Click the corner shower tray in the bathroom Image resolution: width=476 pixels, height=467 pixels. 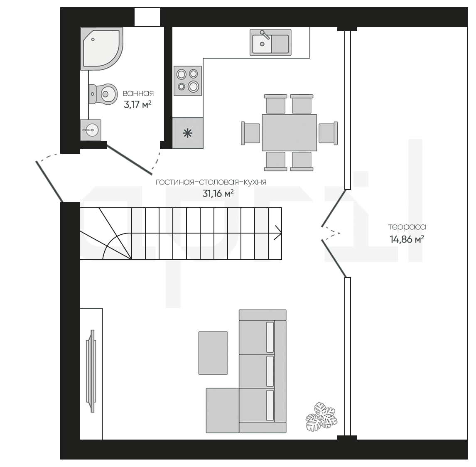point(101,49)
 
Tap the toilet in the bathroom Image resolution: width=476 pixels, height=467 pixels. point(103,94)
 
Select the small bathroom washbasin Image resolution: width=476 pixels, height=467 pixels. point(91,130)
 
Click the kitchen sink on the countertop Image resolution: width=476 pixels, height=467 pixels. point(270,42)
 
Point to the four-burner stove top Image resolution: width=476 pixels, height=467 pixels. point(188,81)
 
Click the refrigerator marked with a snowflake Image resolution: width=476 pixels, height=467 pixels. point(188,133)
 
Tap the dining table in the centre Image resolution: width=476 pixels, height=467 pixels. point(290,133)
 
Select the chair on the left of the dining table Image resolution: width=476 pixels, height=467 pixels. point(250,133)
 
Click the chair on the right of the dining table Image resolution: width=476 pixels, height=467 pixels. point(328,133)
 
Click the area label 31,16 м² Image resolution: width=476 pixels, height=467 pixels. point(218,194)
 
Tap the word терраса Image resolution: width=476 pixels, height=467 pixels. point(407,227)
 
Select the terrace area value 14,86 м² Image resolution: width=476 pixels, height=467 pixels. point(407,239)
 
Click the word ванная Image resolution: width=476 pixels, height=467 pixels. point(138,93)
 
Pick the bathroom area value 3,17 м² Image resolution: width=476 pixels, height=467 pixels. point(137,105)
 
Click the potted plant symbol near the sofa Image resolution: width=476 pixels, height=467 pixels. point(321,417)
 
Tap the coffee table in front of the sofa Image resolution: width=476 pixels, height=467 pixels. point(213,353)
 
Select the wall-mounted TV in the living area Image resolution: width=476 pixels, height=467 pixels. point(91,371)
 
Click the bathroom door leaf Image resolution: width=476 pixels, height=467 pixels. point(129,160)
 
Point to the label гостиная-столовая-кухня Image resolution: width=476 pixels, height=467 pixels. point(211,182)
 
